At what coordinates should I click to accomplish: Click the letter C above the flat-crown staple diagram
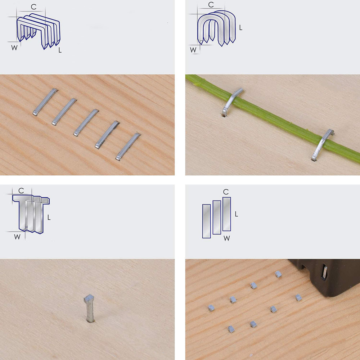(33, 7)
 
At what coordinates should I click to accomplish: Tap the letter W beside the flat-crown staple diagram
(14, 48)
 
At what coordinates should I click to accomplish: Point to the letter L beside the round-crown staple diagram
(240, 28)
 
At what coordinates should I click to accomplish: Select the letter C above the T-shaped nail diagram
(21, 190)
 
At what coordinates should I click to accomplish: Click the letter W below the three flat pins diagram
(226, 238)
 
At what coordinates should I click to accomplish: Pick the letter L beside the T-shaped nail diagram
(49, 217)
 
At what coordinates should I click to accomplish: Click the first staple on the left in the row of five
(45, 102)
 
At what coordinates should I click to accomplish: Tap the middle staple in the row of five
(86, 123)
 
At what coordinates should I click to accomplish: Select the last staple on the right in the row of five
(128, 147)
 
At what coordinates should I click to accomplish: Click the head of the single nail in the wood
(89, 298)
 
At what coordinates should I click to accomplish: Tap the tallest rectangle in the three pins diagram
(226, 214)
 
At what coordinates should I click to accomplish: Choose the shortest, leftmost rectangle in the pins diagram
(206, 221)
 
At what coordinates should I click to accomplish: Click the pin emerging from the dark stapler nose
(325, 272)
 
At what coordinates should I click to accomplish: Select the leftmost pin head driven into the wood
(211, 308)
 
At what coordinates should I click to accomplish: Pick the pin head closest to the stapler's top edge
(278, 274)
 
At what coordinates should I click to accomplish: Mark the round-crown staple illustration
(216, 28)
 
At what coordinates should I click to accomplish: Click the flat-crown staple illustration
(39, 31)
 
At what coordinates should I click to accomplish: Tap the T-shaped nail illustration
(31, 214)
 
